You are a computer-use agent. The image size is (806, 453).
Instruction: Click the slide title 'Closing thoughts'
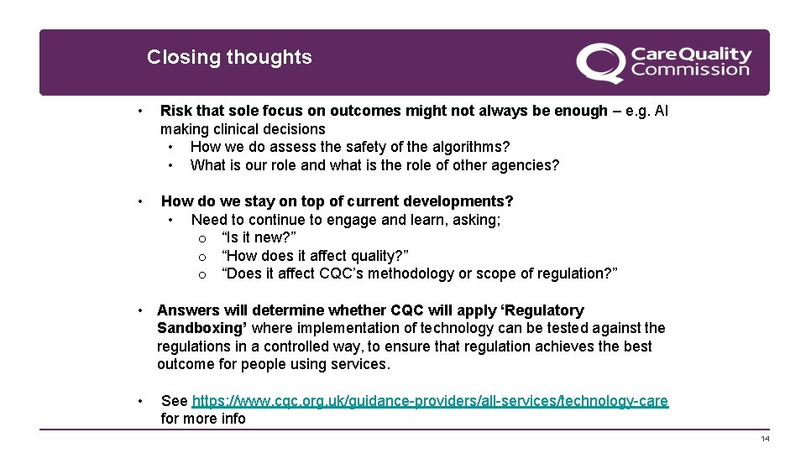tap(229, 57)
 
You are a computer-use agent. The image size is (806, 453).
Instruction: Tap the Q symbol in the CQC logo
tap(600, 63)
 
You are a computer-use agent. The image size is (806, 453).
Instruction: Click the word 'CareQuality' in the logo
tap(691, 54)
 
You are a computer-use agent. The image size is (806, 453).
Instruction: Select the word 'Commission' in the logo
tap(690, 70)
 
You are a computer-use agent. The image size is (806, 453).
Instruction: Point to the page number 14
tap(764, 440)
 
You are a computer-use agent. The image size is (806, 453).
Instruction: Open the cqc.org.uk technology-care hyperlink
tap(430, 401)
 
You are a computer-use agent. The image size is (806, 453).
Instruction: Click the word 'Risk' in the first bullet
tap(175, 111)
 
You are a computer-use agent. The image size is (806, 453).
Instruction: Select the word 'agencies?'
tap(526, 165)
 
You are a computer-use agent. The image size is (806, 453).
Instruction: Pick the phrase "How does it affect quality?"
tap(315, 256)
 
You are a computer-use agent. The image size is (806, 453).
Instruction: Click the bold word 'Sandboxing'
tap(201, 328)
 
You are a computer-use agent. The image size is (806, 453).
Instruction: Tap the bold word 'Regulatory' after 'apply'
tap(540, 310)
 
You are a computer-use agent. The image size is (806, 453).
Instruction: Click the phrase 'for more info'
tap(203, 419)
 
